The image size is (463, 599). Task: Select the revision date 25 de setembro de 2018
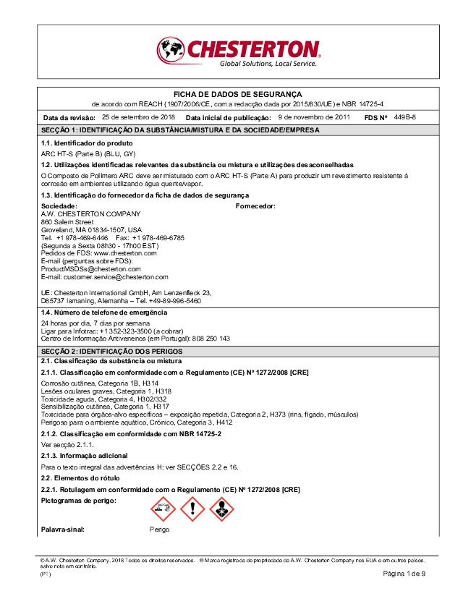[x=138, y=116]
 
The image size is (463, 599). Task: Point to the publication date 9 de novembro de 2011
[x=314, y=116]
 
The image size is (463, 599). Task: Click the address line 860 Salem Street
[x=67, y=222]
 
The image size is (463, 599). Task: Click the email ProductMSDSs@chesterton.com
[x=90, y=268]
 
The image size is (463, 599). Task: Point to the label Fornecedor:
[x=256, y=206]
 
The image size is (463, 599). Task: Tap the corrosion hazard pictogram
[x=163, y=509]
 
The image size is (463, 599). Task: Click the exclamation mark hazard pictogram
[x=192, y=509]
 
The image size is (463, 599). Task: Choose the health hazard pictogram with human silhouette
[x=221, y=509]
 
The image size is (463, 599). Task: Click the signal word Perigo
[x=159, y=530]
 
